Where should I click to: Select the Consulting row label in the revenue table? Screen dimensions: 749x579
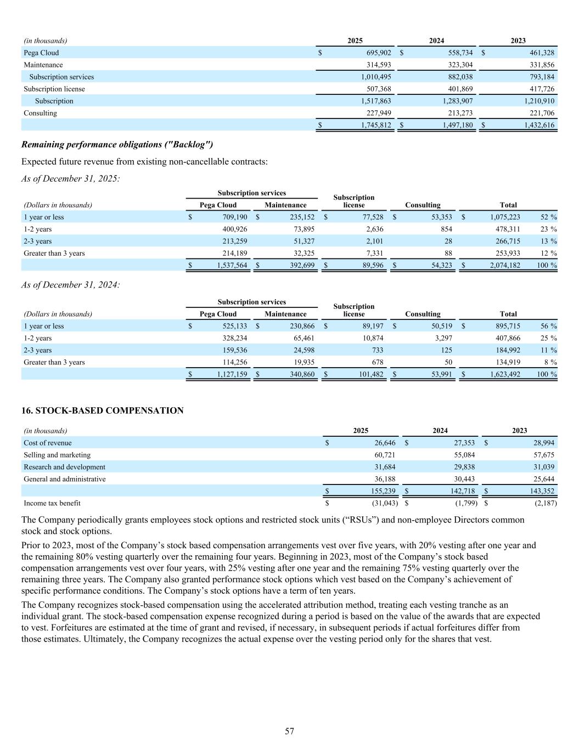pyautogui.click(x=40, y=113)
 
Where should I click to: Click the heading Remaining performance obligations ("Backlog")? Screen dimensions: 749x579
pyautogui.click(x=117, y=144)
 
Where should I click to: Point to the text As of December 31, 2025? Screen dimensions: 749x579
pyautogui.click(x=70, y=178)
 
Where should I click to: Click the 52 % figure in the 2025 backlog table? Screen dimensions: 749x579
pyautogui.click(x=549, y=217)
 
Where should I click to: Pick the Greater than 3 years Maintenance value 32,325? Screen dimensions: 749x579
pyautogui.click(x=302, y=253)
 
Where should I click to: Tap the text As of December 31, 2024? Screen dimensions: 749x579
pyautogui.click(x=70, y=284)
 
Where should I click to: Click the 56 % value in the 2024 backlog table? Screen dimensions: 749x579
pyautogui.click(x=549, y=326)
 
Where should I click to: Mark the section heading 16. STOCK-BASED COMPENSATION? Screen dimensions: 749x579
pyautogui.click(x=102, y=410)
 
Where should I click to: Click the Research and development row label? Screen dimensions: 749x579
pyautogui.click(x=64, y=467)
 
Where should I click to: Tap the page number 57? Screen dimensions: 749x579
pyautogui.click(x=289, y=731)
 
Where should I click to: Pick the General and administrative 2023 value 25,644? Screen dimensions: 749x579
pyautogui.click(x=541, y=479)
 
